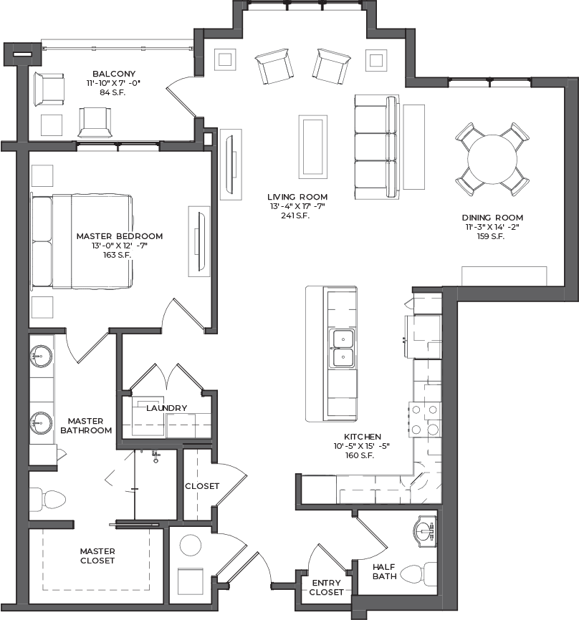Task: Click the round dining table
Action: (x=492, y=160)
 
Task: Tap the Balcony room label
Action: (x=114, y=74)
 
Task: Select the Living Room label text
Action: (x=297, y=197)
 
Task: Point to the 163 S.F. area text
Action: (x=117, y=255)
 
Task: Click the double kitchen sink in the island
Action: (x=343, y=349)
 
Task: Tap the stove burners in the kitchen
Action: (x=425, y=420)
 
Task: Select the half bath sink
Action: (x=425, y=531)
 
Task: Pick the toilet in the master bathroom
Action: (x=47, y=499)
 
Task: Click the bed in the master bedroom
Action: (x=82, y=241)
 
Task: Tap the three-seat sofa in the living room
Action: (x=376, y=147)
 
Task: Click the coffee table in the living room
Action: (x=312, y=147)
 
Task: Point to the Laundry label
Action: (x=167, y=408)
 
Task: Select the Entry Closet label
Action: (x=327, y=588)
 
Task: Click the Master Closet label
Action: (x=97, y=556)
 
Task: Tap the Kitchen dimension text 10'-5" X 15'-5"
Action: (x=361, y=446)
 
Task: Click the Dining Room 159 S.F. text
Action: (x=491, y=236)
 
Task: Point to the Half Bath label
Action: (x=384, y=572)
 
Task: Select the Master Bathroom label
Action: (x=86, y=426)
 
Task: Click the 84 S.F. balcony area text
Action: (x=113, y=92)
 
